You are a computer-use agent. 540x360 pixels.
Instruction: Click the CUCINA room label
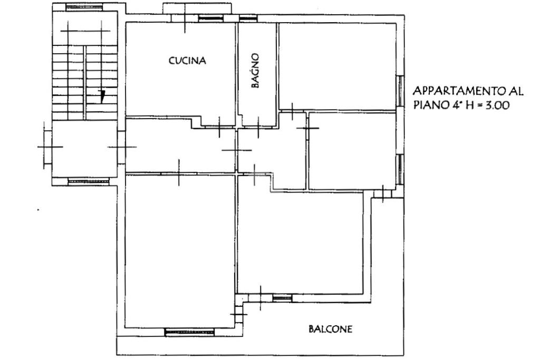click(x=187, y=61)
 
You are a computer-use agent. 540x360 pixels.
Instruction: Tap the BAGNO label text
click(x=255, y=71)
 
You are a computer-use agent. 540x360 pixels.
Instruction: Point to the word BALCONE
click(x=330, y=329)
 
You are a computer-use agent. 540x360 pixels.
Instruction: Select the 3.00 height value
click(x=497, y=105)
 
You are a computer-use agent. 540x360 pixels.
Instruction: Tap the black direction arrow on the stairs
click(x=102, y=96)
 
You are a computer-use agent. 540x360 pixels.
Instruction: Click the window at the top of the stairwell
click(x=84, y=7)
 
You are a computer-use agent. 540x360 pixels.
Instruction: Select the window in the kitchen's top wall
click(x=211, y=18)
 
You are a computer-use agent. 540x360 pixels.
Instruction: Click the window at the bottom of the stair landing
click(x=89, y=181)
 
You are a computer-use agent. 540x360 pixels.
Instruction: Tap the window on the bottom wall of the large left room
click(x=189, y=332)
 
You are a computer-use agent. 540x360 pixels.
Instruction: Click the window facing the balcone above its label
click(x=283, y=298)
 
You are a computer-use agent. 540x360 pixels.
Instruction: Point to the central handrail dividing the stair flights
click(x=84, y=83)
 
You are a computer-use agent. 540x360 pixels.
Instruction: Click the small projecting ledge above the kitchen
click(x=197, y=9)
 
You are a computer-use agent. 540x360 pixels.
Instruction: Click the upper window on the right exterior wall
click(x=400, y=91)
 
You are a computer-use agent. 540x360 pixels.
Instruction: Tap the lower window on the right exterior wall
click(x=400, y=169)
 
